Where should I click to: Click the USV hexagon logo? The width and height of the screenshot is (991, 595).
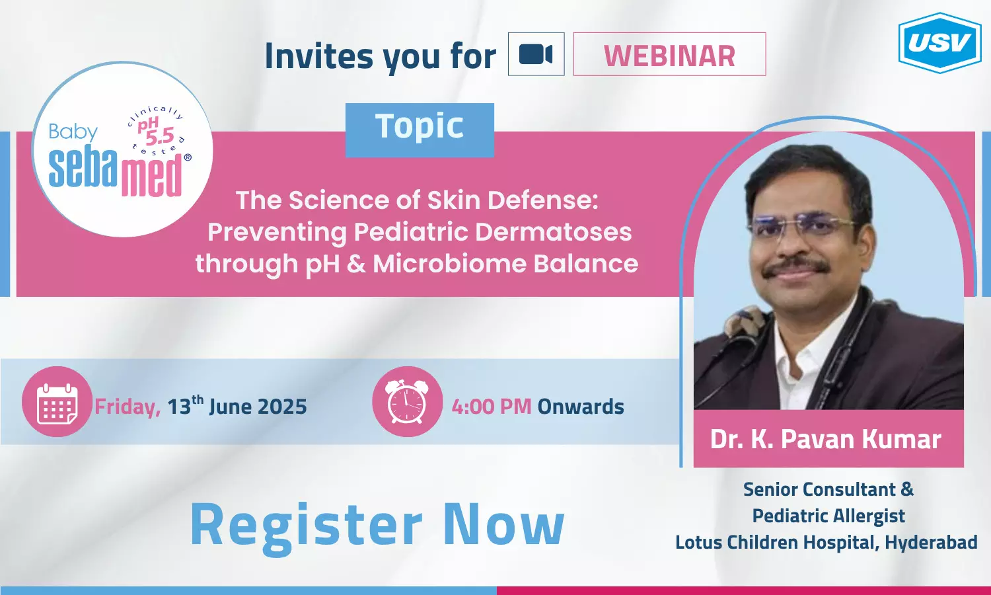click(940, 42)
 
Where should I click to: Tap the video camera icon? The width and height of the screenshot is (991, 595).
click(536, 54)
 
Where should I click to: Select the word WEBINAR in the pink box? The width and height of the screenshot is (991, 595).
click(669, 56)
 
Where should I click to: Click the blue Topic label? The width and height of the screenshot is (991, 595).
click(420, 130)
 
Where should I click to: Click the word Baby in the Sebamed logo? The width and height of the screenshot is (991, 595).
click(73, 132)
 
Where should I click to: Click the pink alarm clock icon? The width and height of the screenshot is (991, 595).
click(407, 401)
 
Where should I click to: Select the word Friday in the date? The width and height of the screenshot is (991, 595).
click(128, 407)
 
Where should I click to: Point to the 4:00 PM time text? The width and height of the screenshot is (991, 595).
click(491, 407)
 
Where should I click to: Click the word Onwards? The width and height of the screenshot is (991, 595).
click(581, 407)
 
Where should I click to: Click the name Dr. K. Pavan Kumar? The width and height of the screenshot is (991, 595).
click(826, 439)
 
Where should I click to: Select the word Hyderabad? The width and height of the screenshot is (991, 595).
click(931, 542)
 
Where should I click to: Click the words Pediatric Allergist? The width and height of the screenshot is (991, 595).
click(828, 516)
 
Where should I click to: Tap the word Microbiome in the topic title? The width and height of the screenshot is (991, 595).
click(449, 263)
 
